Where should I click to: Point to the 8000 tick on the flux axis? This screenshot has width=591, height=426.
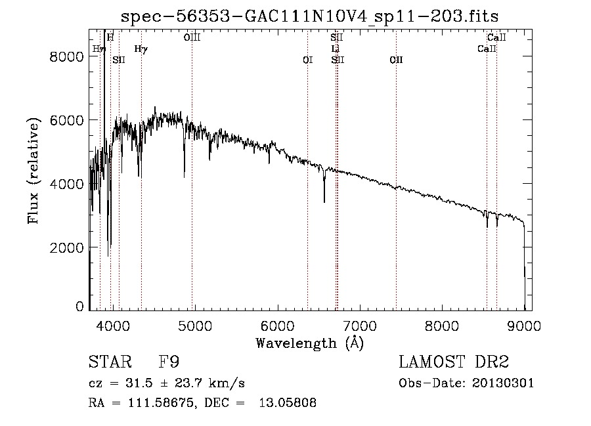tap(68, 56)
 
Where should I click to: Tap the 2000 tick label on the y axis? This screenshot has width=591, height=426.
tap(68, 247)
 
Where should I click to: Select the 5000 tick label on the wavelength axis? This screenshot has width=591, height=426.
tap(194, 325)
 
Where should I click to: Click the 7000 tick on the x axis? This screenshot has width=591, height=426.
tap(359, 325)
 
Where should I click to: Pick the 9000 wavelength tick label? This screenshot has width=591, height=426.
tap(524, 325)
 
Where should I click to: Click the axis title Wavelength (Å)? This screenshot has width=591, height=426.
tap(309, 343)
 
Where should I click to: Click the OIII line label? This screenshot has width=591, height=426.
tap(192, 38)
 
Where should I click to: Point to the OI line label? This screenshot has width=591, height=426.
tap(307, 60)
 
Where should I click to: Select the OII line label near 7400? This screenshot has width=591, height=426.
tap(396, 60)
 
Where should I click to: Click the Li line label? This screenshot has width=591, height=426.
tap(336, 49)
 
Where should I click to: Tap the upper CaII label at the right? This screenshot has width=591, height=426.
tap(496, 38)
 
